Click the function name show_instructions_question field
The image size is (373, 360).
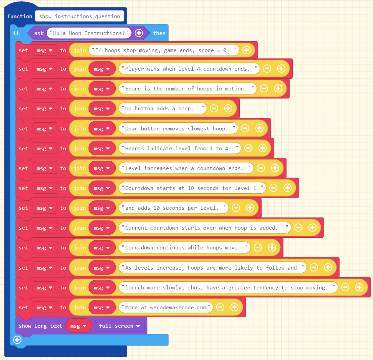80,16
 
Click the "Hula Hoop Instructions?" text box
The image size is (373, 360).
89,33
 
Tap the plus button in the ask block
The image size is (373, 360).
139,33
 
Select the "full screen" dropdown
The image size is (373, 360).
120,326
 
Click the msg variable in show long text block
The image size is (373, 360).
79,326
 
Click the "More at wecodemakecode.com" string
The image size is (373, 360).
166,307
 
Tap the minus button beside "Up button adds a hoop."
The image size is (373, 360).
214,108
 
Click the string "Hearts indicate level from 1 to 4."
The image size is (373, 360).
179,148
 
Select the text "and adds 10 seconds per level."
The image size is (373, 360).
173,208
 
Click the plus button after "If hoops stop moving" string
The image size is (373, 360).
246,50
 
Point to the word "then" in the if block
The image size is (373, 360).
159,33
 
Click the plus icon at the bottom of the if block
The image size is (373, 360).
17,340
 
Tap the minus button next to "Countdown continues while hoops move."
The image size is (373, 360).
258,248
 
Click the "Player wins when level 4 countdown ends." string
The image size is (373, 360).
189,69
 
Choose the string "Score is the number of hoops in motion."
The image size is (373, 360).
187,88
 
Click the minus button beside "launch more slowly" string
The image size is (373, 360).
345,287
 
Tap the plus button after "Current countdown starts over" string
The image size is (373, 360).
312,228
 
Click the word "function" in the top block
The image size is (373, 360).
20,16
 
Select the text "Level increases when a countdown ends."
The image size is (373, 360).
186,168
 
